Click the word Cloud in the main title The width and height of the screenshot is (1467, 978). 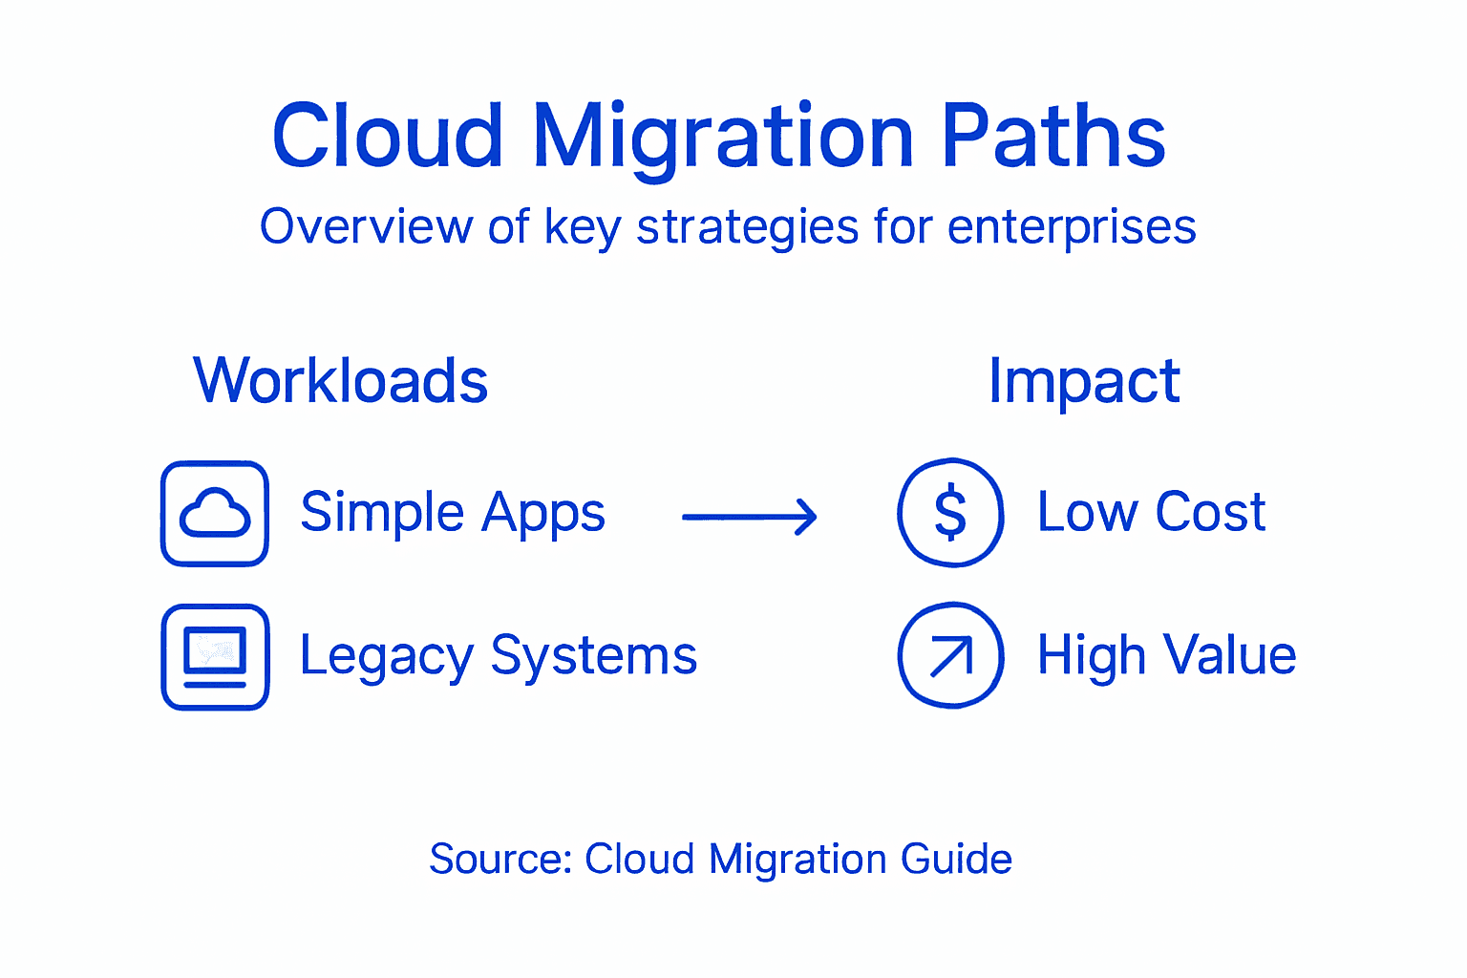[387, 136]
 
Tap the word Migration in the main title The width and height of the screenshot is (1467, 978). [723, 138]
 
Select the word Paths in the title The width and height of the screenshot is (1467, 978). [1053, 136]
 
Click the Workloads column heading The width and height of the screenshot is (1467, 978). [341, 380]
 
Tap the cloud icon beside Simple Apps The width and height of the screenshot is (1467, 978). [215, 514]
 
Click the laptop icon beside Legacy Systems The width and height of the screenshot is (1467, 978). [215, 657]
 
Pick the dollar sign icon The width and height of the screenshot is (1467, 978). [950, 513]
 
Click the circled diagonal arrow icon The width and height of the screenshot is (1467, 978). [950, 655]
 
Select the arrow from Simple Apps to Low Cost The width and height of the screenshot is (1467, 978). [749, 517]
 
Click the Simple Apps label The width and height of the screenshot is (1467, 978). [453, 513]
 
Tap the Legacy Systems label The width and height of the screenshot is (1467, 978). [499, 657]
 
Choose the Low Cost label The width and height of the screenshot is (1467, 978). [1151, 513]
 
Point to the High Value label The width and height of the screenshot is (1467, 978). [1166, 656]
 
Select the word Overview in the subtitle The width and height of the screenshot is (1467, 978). [367, 227]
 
